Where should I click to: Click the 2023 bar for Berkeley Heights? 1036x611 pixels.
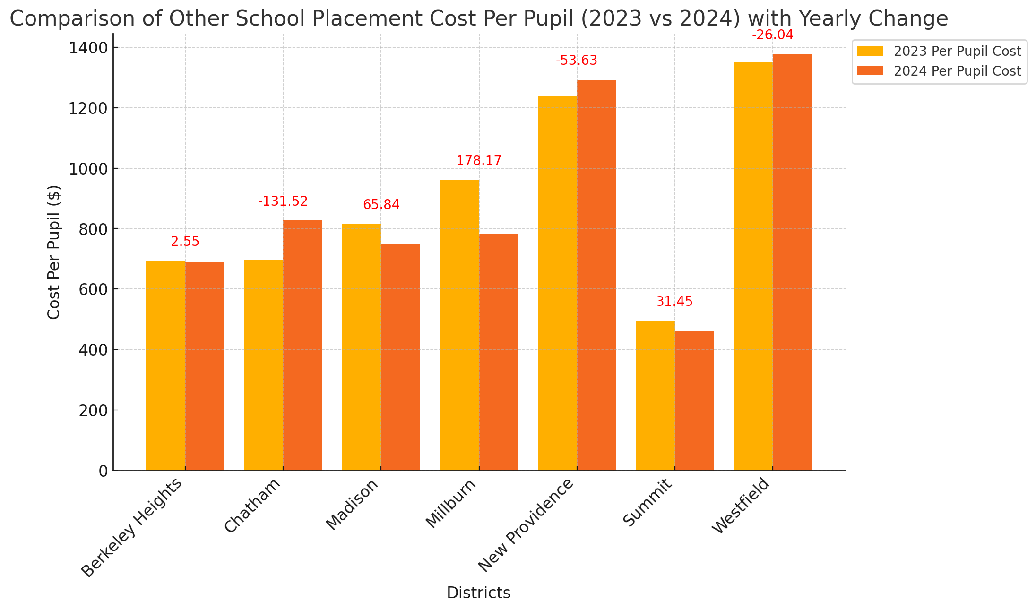click(165, 366)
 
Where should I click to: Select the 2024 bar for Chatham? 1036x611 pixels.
click(302, 345)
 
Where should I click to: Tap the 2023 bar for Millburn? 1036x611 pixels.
click(459, 325)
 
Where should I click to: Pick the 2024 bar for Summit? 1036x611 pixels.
click(694, 401)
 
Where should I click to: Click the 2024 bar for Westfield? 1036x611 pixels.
click(792, 262)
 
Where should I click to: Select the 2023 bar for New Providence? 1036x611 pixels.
click(557, 283)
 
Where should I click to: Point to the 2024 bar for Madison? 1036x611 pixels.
click(400, 357)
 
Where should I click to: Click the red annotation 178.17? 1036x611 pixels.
click(479, 161)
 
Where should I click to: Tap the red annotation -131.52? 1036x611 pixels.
click(283, 201)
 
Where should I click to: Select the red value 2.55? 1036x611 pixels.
click(185, 242)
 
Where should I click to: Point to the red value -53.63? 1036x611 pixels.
click(577, 61)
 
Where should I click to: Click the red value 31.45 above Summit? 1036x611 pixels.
click(674, 302)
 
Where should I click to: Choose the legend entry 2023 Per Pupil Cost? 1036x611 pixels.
click(939, 51)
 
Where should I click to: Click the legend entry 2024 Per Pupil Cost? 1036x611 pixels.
click(939, 71)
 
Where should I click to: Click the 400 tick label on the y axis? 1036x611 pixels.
click(93, 350)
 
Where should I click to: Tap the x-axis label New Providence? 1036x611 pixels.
click(526, 524)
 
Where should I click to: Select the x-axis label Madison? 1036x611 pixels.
click(353, 504)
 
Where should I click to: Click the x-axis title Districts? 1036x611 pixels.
click(479, 593)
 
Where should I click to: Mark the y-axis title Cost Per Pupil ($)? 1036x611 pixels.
click(54, 252)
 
